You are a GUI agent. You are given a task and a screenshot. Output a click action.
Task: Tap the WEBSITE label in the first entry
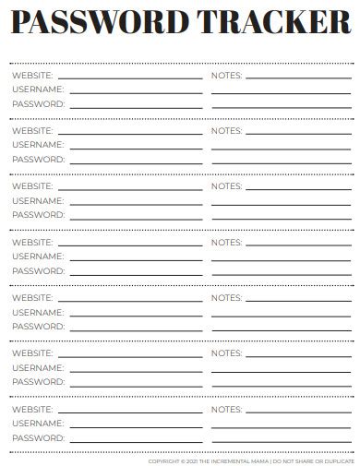(32, 75)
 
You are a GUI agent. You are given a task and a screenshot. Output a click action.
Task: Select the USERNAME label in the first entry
(38, 90)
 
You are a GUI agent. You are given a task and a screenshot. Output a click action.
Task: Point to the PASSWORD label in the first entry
(38, 104)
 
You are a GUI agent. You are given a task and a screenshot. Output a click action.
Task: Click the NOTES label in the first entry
(227, 75)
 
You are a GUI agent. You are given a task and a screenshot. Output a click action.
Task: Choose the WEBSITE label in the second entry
(32, 130)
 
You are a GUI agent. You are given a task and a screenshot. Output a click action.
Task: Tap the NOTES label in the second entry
(227, 130)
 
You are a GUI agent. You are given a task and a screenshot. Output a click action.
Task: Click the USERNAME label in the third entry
(38, 200)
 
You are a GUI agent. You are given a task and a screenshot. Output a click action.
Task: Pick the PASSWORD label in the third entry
(38, 215)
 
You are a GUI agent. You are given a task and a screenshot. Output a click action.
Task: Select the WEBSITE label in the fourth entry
(32, 242)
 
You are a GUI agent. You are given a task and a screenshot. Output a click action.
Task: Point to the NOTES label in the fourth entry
(227, 242)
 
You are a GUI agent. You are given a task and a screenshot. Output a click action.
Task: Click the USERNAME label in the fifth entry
(38, 312)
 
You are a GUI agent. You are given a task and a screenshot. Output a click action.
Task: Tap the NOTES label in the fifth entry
(227, 297)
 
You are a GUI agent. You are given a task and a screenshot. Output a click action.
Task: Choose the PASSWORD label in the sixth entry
(38, 381)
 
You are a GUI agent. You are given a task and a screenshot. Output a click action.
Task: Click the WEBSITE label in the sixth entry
(32, 352)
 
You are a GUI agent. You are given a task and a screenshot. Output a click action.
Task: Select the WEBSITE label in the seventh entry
(32, 409)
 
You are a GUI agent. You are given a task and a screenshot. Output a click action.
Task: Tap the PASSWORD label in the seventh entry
(38, 437)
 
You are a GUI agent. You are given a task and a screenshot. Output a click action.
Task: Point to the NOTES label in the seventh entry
(227, 409)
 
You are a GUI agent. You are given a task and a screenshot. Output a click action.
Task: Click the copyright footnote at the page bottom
(251, 460)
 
